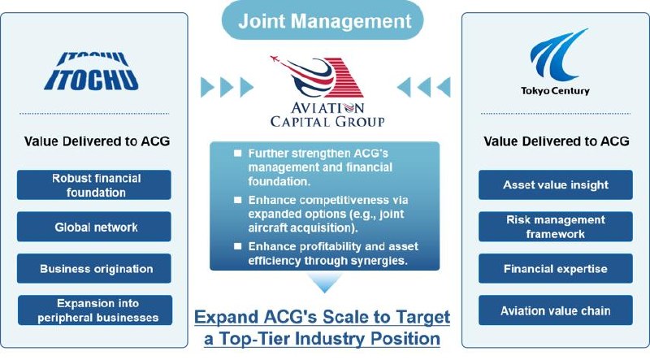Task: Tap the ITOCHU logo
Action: point(91,72)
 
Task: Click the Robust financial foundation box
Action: point(94,185)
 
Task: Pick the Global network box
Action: point(94,227)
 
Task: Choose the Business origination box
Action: point(94,269)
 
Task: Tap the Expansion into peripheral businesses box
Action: point(95,310)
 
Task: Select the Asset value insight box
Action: point(556,185)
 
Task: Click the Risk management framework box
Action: point(556,227)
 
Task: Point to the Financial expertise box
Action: point(556,269)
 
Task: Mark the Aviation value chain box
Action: point(556,310)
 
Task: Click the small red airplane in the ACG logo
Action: point(275,59)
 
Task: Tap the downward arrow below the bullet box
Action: point(325,283)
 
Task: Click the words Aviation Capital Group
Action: point(327,115)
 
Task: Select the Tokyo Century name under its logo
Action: point(556,91)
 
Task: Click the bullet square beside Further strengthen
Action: point(237,153)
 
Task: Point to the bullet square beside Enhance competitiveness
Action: point(237,200)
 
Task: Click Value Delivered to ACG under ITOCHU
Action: point(97,141)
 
